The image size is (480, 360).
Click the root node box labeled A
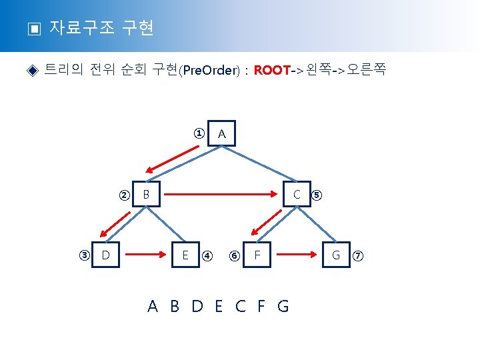(x=222, y=135)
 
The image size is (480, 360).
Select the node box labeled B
(x=146, y=195)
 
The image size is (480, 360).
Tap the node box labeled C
(x=297, y=195)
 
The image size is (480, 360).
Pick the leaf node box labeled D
(x=105, y=255)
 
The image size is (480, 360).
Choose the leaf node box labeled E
(x=185, y=255)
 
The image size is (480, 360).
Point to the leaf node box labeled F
(x=257, y=255)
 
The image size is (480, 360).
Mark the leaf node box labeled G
(x=336, y=255)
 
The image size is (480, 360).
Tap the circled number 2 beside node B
(x=124, y=195)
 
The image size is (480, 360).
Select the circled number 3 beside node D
(x=85, y=255)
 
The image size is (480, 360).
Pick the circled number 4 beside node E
(x=207, y=255)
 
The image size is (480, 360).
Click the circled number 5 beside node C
(x=317, y=195)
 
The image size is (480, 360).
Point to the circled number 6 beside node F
(x=234, y=255)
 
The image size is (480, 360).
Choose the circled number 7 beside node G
(x=358, y=255)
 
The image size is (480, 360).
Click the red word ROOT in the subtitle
(x=272, y=70)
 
